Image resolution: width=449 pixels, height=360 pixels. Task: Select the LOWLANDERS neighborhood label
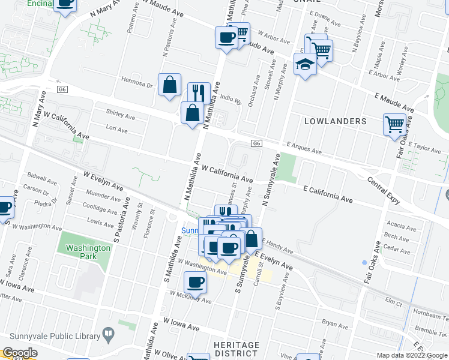(x=335, y=121)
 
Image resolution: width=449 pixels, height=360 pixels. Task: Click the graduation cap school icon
(x=305, y=64)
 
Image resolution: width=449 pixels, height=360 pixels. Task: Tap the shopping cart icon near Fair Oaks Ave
(x=394, y=125)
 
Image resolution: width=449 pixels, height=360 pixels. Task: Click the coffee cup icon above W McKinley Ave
(x=195, y=281)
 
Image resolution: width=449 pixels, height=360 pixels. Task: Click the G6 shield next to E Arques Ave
(x=256, y=143)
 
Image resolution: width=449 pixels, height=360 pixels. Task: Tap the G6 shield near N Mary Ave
(x=62, y=89)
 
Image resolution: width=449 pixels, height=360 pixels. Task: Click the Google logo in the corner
(x=19, y=352)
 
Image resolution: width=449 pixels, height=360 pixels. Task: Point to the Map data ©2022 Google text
(x=412, y=355)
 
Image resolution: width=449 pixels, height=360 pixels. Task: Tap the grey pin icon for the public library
(x=108, y=332)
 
